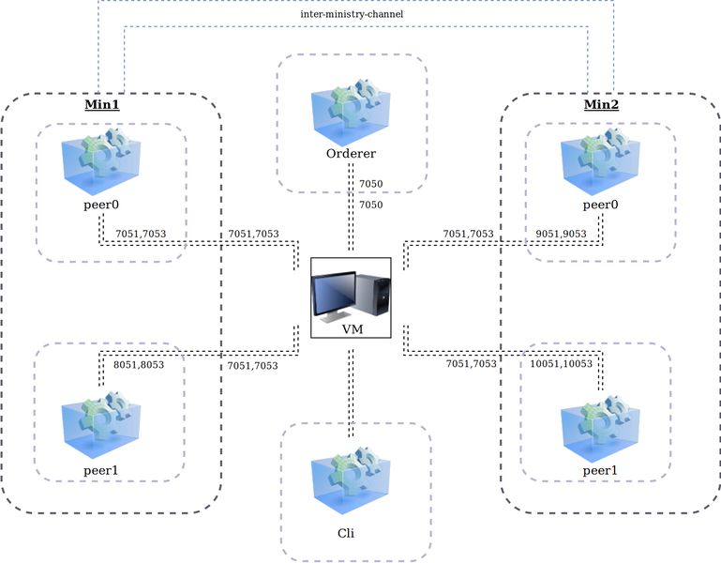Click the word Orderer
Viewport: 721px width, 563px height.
(x=351, y=155)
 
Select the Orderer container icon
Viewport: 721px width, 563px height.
(x=352, y=111)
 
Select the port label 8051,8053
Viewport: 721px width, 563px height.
(x=139, y=364)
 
